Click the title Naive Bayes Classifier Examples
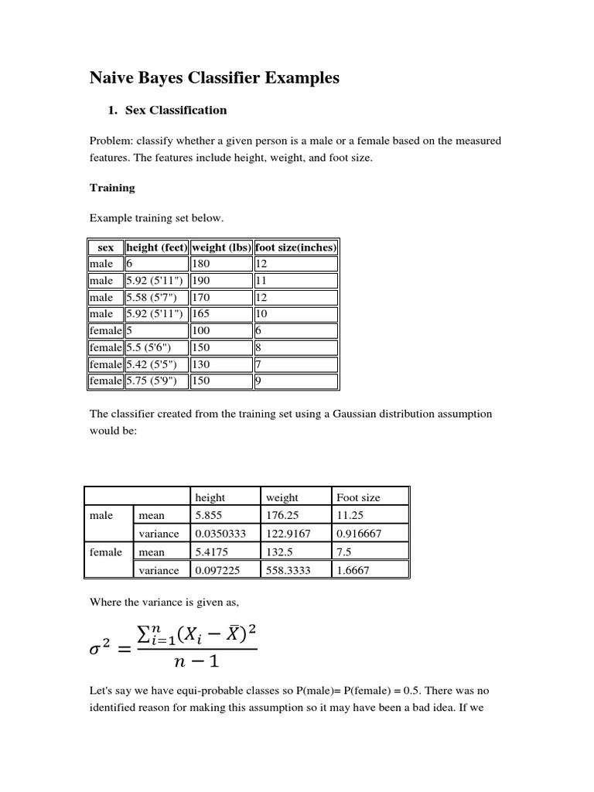214,78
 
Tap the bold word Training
112,187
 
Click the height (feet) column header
156,247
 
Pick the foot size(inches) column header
295,247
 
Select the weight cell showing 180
201,264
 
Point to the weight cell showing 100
201,330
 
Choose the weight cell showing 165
201,314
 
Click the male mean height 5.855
209,515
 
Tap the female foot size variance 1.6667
353,570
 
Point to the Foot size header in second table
358,497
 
